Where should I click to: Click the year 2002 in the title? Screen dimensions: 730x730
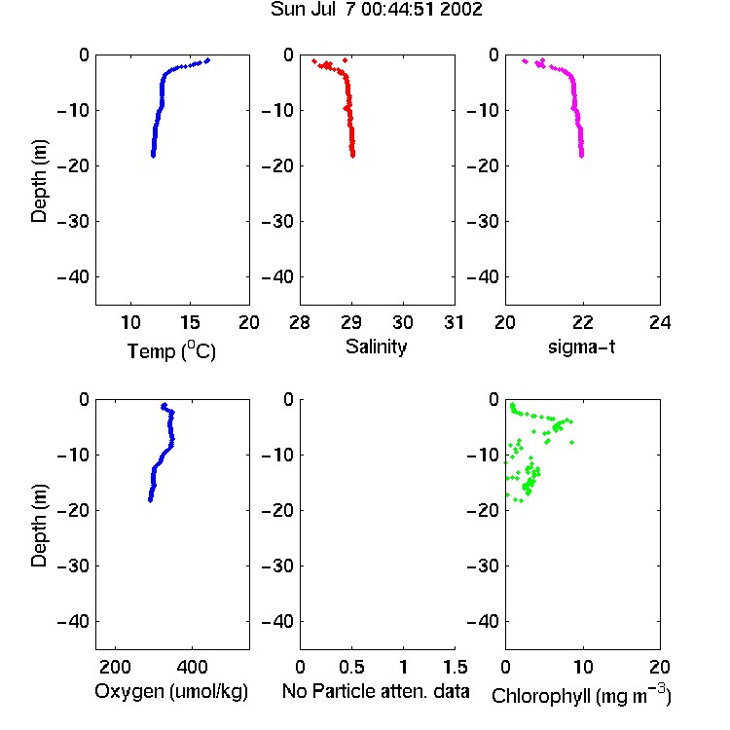coord(460,10)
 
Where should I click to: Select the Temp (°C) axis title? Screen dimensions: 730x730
coord(171,350)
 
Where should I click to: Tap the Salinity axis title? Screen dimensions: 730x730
coord(376,347)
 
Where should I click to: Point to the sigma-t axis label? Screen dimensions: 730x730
coord(581,347)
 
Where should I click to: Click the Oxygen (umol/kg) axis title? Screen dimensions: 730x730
coord(171,691)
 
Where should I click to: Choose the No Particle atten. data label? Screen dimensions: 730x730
coord(376,691)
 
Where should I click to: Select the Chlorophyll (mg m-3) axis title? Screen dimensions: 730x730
coord(581,695)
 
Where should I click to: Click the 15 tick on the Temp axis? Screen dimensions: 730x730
coord(190,322)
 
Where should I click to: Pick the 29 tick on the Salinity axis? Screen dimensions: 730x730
coord(351,322)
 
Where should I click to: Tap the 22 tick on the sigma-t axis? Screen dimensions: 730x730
coord(582,322)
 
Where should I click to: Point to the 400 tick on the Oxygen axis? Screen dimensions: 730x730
coord(192,667)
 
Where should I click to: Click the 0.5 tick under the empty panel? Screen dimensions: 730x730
coord(351,667)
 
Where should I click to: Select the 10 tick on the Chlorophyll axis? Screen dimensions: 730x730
coord(582,667)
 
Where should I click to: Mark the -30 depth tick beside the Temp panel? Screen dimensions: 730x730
coord(73,221)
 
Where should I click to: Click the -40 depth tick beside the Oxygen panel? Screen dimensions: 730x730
coord(73,621)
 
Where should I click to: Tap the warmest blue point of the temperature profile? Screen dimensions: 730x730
coord(207,60)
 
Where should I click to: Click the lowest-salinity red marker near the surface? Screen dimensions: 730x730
coord(314,61)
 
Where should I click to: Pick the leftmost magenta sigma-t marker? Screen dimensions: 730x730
coord(525,61)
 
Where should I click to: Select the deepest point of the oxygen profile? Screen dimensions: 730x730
coord(150,500)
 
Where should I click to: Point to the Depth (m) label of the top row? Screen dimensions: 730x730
coord(39,181)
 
